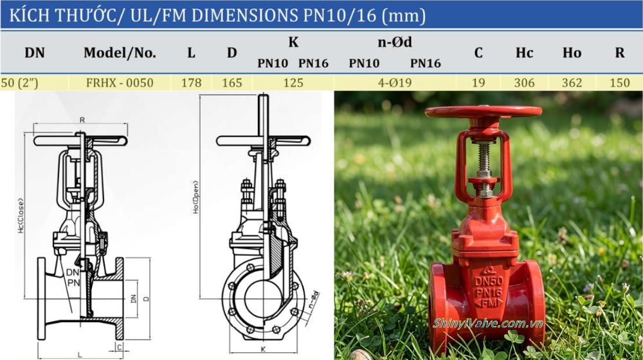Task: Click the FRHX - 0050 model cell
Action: tap(119, 83)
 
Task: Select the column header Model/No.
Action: tap(120, 53)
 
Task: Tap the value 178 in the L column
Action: tap(191, 83)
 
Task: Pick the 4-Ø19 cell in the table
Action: tap(394, 83)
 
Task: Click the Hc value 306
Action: tap(524, 83)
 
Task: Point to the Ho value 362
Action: tap(572, 83)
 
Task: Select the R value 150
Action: tap(619, 83)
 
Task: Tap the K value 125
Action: tap(293, 83)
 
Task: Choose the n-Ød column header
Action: tap(394, 43)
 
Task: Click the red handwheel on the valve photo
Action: tap(483, 112)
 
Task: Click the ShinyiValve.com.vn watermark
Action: tap(488, 323)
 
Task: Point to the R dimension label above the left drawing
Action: tap(82, 120)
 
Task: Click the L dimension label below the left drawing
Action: tap(79, 354)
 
